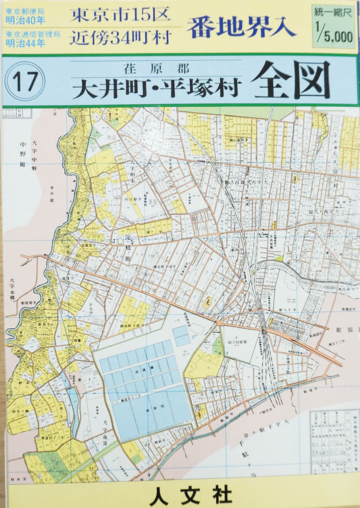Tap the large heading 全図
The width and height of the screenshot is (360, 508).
[x=290, y=81]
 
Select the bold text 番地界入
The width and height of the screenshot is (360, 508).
[x=242, y=27]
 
